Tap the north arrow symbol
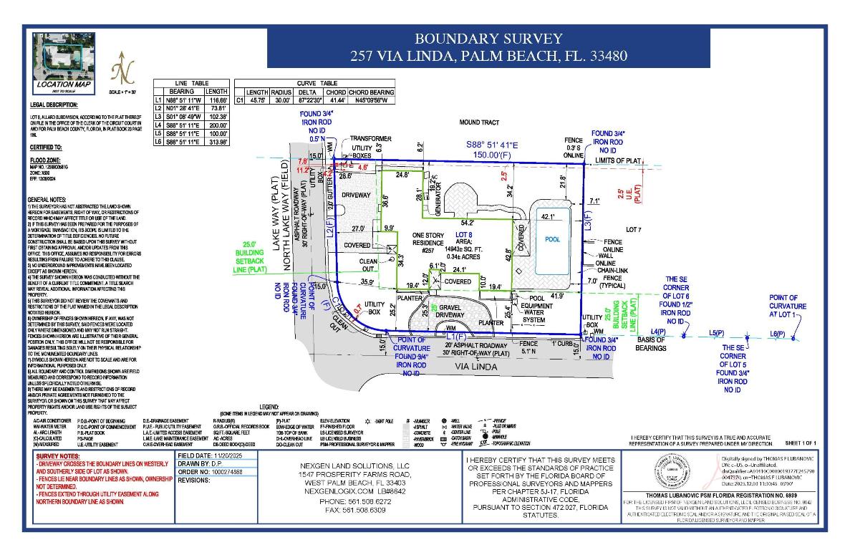coord(122,70)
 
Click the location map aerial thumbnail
coord(64,57)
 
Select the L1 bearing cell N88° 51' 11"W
coord(185,100)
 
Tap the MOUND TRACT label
coord(478,123)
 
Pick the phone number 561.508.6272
coord(356,501)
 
